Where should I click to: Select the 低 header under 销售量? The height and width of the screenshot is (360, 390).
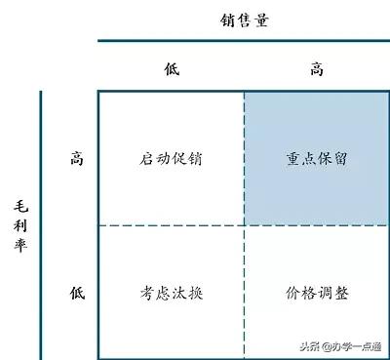[x=172, y=68]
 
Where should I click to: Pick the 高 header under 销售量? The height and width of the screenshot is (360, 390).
[x=317, y=68]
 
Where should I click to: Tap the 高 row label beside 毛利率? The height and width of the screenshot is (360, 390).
[x=77, y=158]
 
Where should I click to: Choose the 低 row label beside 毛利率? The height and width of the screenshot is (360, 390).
[x=77, y=291]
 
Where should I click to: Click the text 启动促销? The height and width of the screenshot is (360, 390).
[x=172, y=159]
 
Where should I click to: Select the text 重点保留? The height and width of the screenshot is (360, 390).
[x=317, y=159]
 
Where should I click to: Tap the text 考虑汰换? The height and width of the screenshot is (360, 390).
[x=172, y=292]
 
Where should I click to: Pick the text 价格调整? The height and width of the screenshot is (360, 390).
[x=317, y=292]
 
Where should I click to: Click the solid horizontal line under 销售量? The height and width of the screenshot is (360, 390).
[x=244, y=41]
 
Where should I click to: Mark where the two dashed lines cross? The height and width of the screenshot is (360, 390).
[x=244, y=225]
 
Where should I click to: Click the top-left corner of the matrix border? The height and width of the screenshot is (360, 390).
[x=98, y=91]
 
